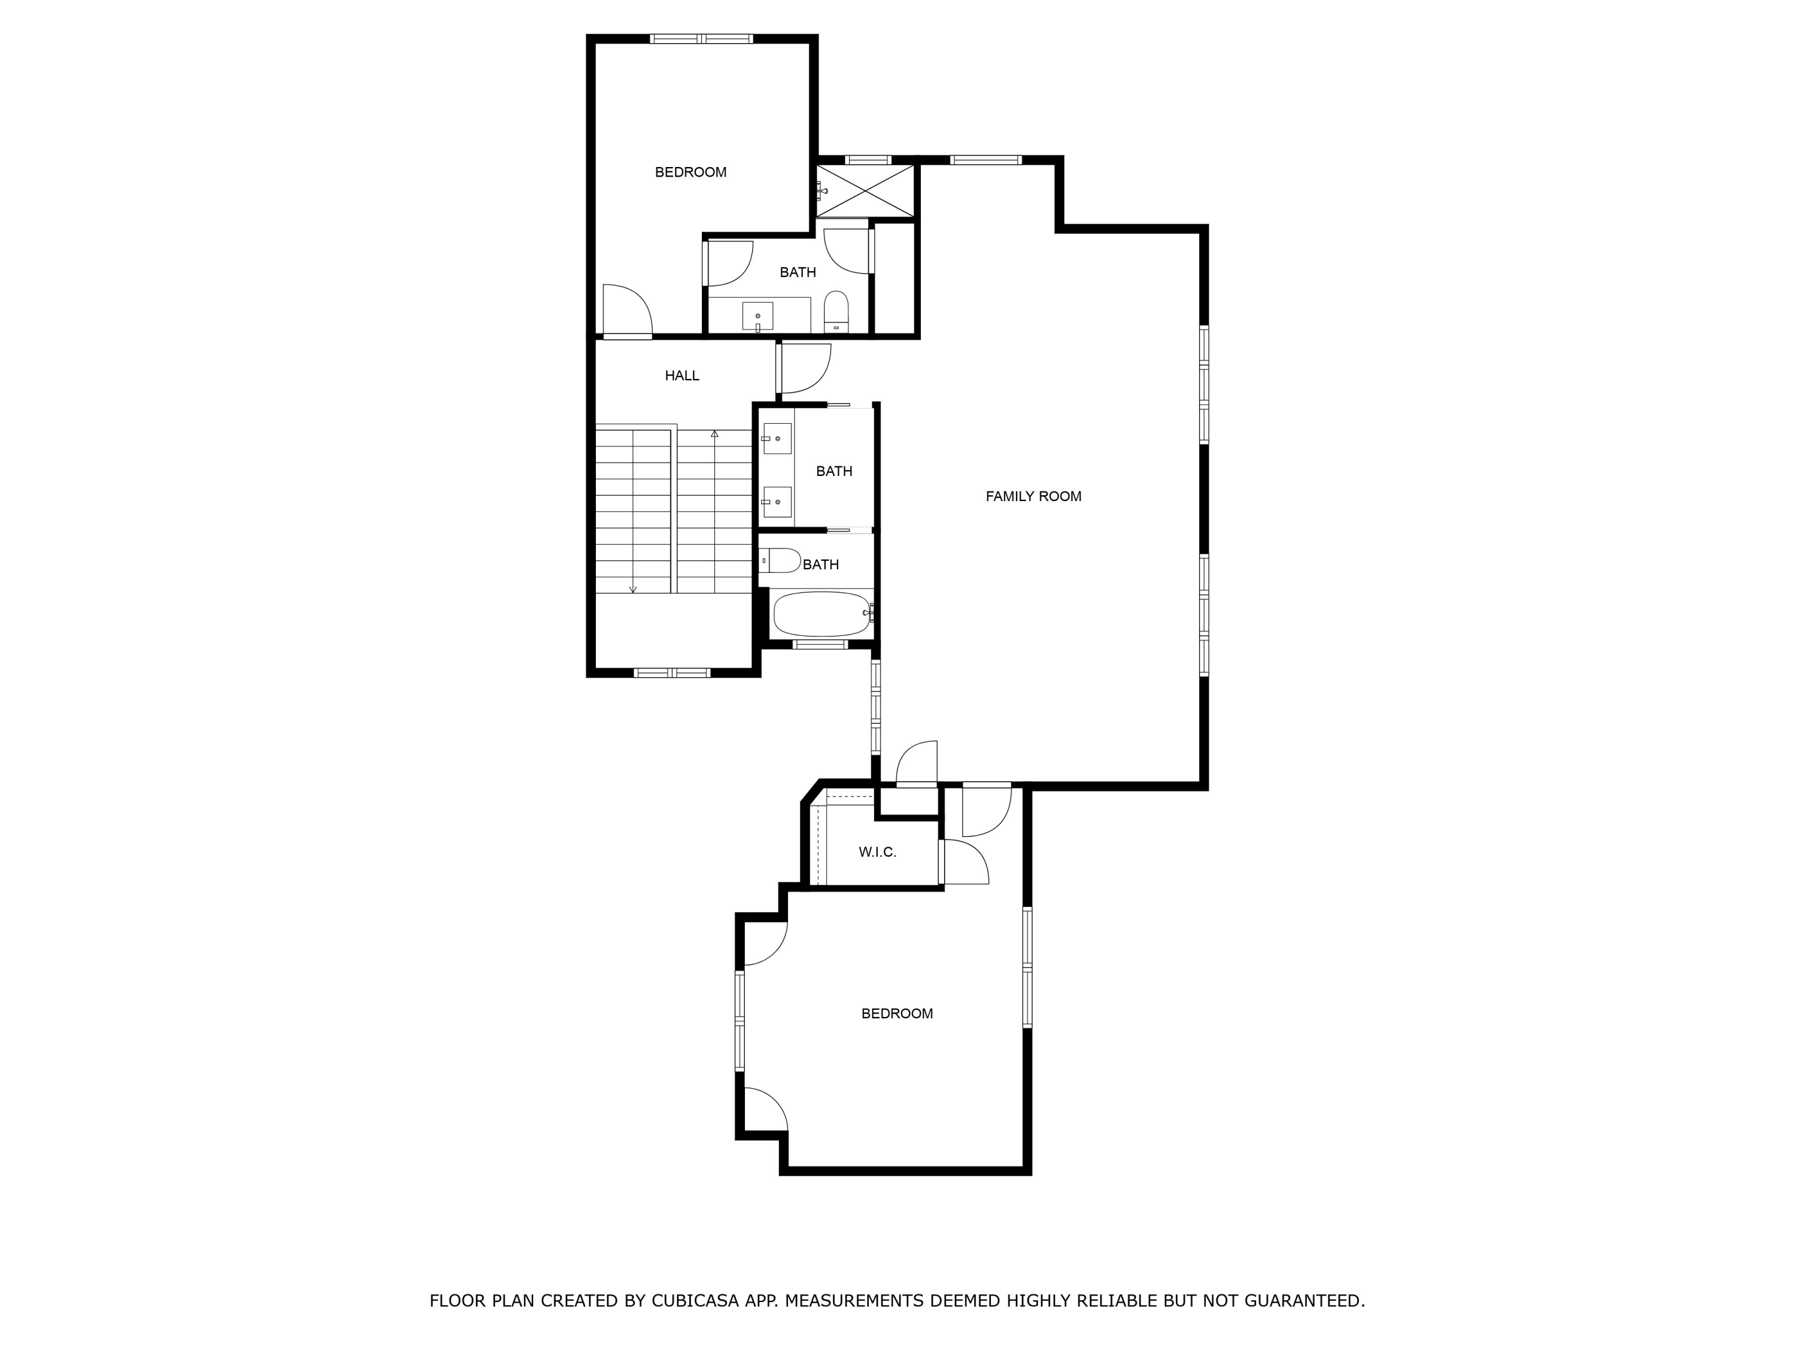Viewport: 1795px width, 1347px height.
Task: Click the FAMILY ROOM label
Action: click(x=1033, y=496)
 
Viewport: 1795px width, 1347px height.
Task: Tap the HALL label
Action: click(x=682, y=375)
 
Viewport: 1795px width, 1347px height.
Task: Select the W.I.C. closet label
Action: click(x=877, y=852)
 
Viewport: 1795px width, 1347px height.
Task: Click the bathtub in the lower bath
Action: click(x=822, y=614)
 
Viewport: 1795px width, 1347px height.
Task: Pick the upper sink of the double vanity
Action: click(x=777, y=438)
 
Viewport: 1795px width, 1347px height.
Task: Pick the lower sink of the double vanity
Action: click(x=777, y=502)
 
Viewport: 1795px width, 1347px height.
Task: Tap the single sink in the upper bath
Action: click(x=757, y=317)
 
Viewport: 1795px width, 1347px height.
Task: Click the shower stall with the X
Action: click(x=865, y=191)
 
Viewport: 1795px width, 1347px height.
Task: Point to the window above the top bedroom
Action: click(x=701, y=38)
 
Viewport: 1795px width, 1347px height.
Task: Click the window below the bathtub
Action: click(x=820, y=645)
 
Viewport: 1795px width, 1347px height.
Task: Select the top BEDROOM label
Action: click(x=690, y=172)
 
